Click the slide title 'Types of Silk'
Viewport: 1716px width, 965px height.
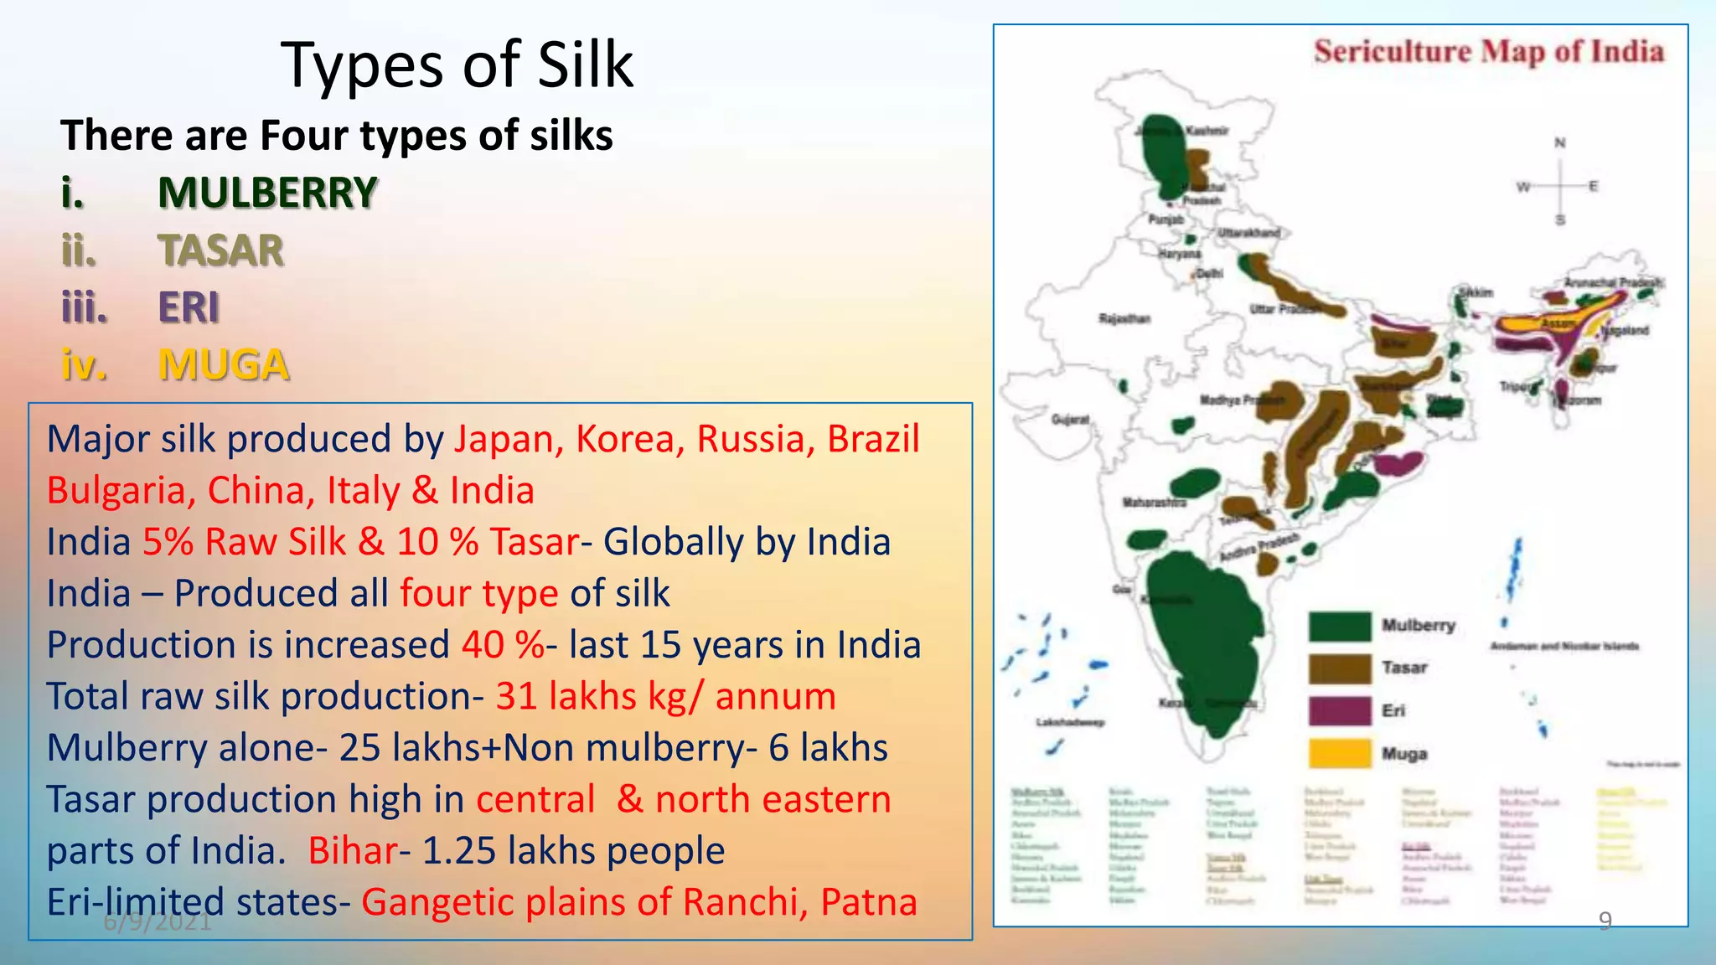tap(457, 65)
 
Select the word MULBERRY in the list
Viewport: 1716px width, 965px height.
tap(267, 193)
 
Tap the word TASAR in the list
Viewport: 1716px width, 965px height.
tap(221, 250)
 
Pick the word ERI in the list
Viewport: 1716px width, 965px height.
tap(189, 307)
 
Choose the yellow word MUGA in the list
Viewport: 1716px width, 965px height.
tap(224, 365)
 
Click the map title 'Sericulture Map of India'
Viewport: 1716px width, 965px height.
tap(1488, 52)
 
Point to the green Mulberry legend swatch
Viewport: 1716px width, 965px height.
tap(1340, 626)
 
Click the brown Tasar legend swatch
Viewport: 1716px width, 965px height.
tap(1340, 668)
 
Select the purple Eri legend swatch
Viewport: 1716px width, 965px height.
tap(1340, 711)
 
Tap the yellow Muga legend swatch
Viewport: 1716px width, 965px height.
tap(1340, 754)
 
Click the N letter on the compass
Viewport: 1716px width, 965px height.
tap(1559, 143)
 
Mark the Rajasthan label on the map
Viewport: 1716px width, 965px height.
tap(1124, 318)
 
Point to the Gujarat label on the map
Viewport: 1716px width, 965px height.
tap(1070, 419)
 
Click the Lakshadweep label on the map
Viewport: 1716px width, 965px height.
tap(1070, 722)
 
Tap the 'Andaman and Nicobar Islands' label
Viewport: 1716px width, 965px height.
tap(1564, 647)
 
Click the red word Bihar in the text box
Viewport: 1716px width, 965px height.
tap(352, 851)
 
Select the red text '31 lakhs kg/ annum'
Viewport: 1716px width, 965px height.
tap(665, 697)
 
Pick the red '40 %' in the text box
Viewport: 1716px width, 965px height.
tap(503, 645)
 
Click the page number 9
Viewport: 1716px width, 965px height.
tap(1605, 920)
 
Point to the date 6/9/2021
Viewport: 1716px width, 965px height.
tap(158, 921)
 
